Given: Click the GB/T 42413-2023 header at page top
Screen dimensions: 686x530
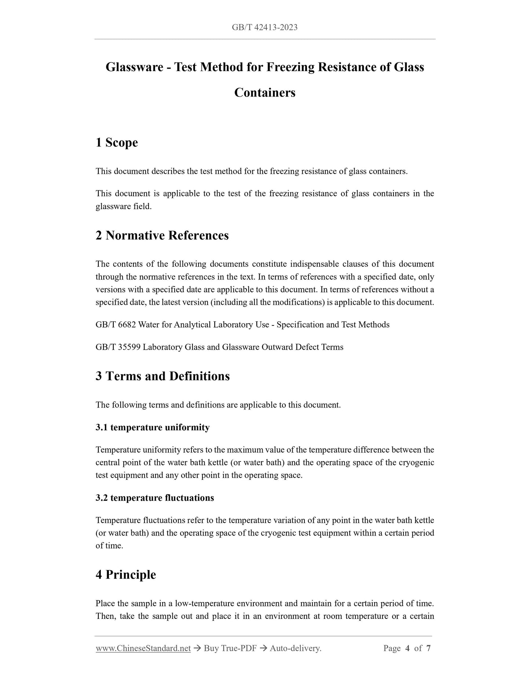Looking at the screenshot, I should pos(264,27).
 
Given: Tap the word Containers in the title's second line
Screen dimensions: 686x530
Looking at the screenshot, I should pos(264,92).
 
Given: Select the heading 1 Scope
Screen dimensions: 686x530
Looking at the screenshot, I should pos(117,142).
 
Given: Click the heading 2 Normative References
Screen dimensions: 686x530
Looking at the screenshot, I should pos(162,236).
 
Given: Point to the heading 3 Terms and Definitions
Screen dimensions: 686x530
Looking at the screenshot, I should pos(162,376).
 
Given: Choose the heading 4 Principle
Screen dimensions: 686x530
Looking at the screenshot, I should pos(125,574).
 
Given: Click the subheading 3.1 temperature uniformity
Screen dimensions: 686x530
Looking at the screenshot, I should pos(153,427).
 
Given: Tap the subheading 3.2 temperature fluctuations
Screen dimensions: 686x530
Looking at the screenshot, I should pos(154,498).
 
